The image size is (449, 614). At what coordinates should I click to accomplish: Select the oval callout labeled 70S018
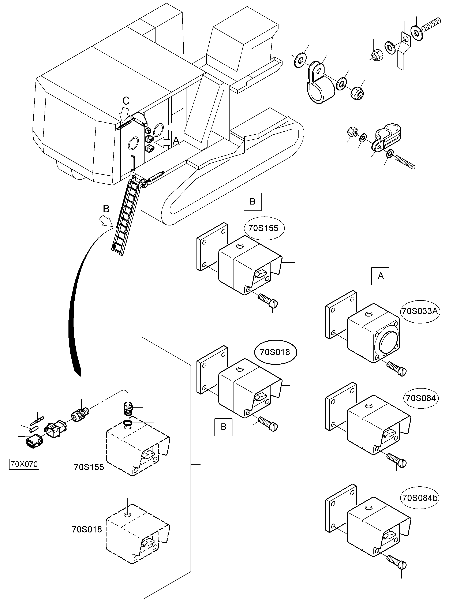coord(275,352)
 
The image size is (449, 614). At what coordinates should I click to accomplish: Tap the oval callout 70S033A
coord(420,311)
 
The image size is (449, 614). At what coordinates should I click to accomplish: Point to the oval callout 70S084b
coord(420,498)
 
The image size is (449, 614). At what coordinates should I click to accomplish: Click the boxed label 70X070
coord(24,464)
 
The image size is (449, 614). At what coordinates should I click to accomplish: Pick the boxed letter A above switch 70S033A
coord(380,276)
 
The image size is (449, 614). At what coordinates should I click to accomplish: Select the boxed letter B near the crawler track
coord(252,202)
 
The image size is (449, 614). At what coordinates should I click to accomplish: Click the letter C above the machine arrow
coord(126,101)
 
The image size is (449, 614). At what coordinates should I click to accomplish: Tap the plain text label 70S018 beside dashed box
coord(87,529)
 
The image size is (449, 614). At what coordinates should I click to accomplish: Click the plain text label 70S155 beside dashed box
coord(89,467)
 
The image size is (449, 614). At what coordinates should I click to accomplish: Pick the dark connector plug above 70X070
coord(33,442)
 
